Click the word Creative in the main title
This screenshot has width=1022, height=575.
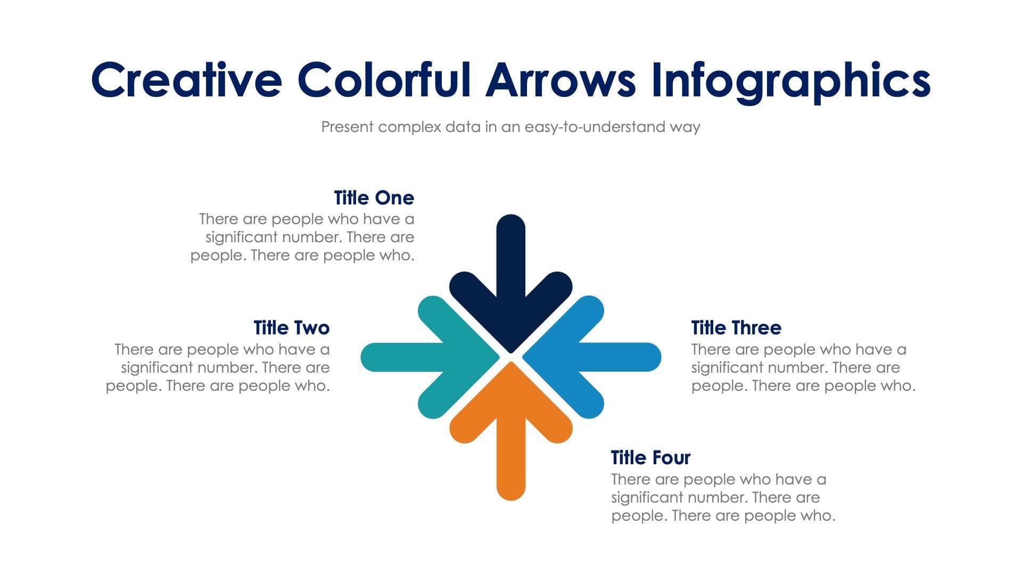pos(186,80)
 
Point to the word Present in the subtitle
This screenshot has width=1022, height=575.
pos(348,127)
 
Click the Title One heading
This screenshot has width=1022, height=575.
pos(374,198)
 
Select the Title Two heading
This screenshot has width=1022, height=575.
pos(291,328)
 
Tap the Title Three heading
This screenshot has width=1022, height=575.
pos(736,328)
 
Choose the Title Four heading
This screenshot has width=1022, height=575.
pos(650,458)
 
